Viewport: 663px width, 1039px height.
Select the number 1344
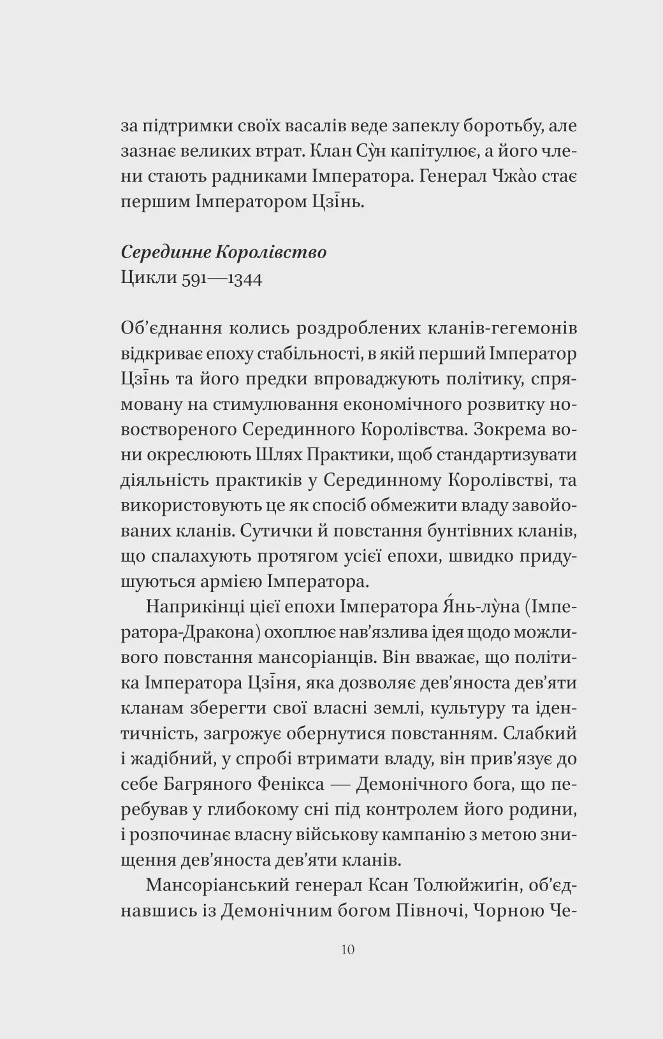[239, 279]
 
